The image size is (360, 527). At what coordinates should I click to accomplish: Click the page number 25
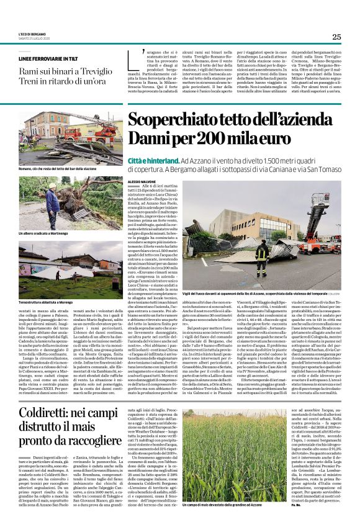click(336, 37)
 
